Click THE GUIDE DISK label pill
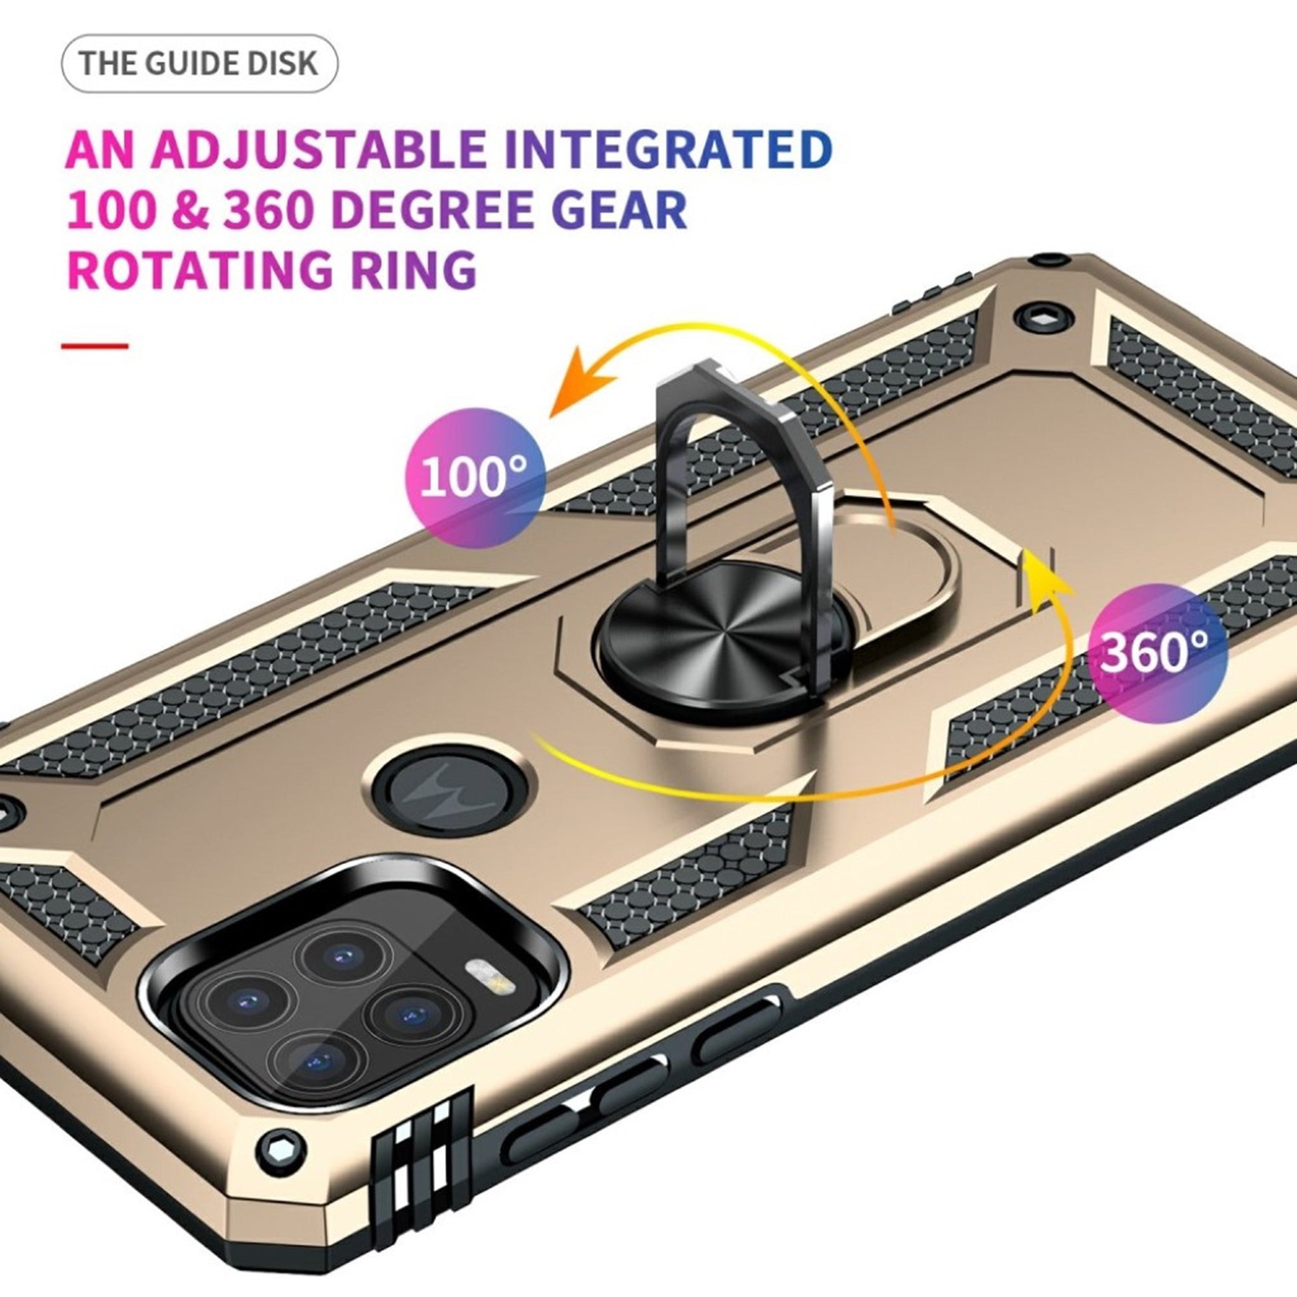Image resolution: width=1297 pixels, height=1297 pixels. (199, 64)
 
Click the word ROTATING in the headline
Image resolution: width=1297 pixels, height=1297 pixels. (199, 269)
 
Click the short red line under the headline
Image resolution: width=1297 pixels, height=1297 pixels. (95, 347)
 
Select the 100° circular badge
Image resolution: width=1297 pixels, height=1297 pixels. (475, 478)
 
